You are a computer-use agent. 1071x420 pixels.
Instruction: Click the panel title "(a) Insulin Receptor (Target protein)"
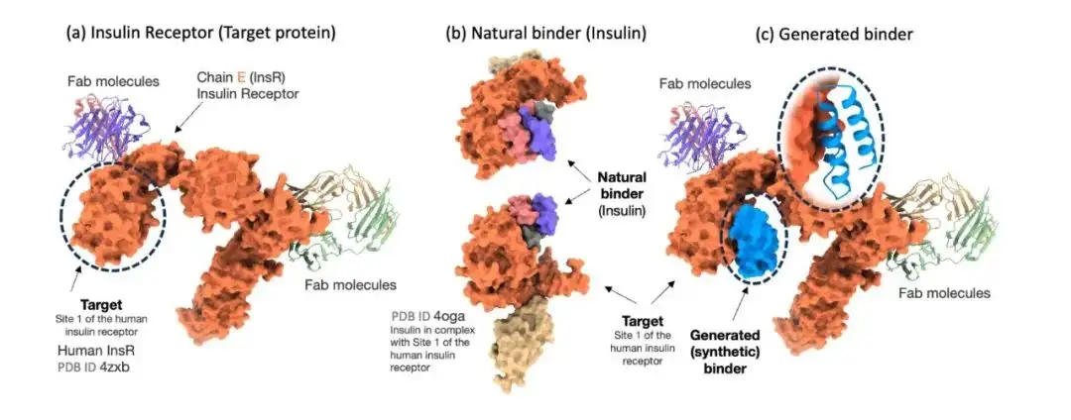pyautogui.click(x=200, y=33)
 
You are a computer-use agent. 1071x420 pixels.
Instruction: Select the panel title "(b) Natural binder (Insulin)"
pyautogui.click(x=545, y=33)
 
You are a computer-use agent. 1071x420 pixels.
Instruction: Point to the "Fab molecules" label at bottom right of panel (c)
pyautogui.click(x=943, y=293)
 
